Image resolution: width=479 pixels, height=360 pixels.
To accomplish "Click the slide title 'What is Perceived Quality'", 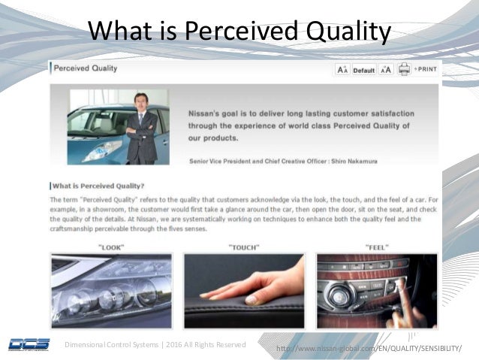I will click(239, 32).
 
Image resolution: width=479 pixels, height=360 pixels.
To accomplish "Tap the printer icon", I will click(405, 70).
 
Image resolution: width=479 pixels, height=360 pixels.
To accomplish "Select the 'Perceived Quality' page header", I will click(85, 68).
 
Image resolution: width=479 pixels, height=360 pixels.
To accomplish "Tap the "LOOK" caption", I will click(111, 247).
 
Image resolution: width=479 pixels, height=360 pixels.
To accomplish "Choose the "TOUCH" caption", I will click(243, 247).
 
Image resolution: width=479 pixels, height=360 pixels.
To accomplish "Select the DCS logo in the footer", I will click(29, 345).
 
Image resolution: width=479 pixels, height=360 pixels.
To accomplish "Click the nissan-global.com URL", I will click(369, 348).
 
